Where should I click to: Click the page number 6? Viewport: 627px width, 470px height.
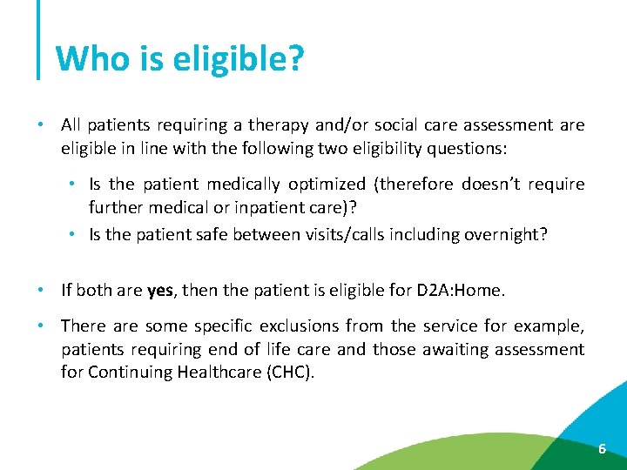pos(601,449)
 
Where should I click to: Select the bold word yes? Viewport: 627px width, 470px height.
pos(160,291)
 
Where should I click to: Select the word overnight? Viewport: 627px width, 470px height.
pos(507,234)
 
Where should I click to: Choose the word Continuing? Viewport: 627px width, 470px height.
pos(128,373)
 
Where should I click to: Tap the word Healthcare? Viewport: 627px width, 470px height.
pos(213,373)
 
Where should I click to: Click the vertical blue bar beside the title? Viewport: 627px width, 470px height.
pos(39,39)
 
